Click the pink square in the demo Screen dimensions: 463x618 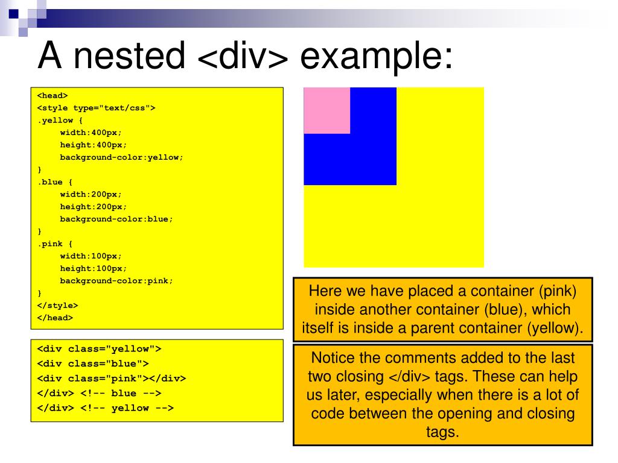327,110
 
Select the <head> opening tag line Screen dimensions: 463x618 53,95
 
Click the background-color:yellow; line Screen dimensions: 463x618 121,157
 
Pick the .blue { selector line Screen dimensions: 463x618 56,182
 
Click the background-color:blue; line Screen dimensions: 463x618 116,219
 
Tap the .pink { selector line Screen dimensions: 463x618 56,244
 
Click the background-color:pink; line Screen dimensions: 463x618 116,281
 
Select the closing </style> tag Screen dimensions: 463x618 57,306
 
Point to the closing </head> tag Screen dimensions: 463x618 55,318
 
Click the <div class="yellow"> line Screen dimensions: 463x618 99,349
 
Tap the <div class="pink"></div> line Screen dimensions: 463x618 112,379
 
